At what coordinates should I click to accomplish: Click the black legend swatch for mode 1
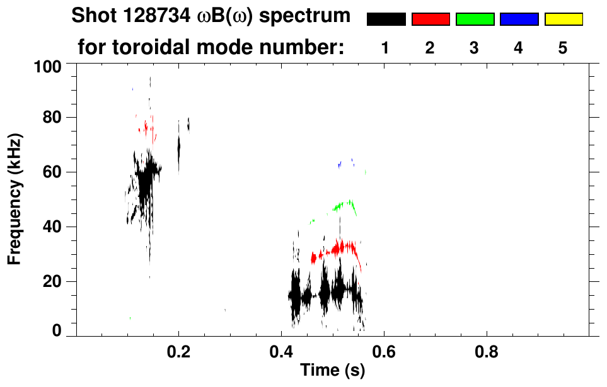click(x=386, y=20)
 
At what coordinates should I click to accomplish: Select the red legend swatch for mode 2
click(x=431, y=20)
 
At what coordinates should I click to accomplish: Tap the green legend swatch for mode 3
click(x=475, y=20)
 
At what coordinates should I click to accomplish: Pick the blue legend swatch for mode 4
click(x=519, y=20)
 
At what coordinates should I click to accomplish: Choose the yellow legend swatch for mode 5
click(x=563, y=20)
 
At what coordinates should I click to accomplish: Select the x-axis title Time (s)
click(x=332, y=371)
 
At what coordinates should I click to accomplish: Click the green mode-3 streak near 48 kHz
click(x=344, y=205)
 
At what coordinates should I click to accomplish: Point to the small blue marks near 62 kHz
click(x=340, y=164)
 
